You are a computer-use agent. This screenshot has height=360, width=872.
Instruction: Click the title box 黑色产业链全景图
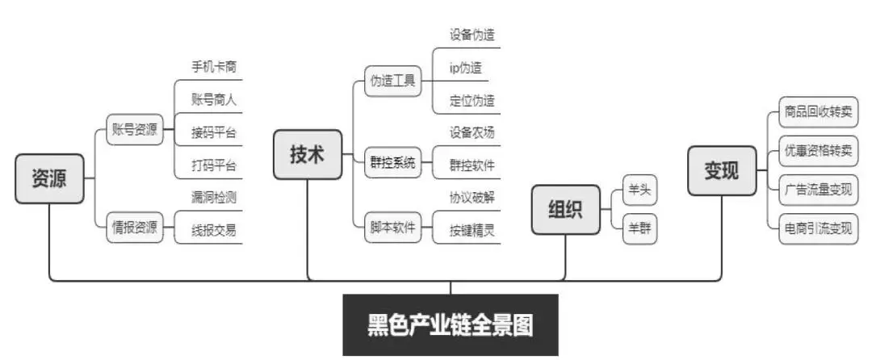(451, 325)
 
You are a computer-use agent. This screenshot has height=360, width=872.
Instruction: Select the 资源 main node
(48, 178)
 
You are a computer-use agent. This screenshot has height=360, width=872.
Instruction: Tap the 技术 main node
(307, 154)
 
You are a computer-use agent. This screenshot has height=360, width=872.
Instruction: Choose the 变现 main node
(722, 170)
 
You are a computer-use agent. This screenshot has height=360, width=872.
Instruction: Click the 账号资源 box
(134, 128)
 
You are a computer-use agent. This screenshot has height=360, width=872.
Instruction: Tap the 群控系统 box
(392, 163)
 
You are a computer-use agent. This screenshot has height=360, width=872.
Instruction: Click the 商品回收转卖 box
(818, 112)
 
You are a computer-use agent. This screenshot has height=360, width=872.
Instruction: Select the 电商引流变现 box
(818, 228)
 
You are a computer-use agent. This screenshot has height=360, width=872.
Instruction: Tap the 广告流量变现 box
(818, 190)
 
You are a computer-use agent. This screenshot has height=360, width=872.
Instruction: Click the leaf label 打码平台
(214, 165)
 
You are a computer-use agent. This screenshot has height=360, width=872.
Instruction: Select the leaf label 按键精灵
(472, 230)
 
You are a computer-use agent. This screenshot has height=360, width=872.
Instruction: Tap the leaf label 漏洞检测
(214, 197)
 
